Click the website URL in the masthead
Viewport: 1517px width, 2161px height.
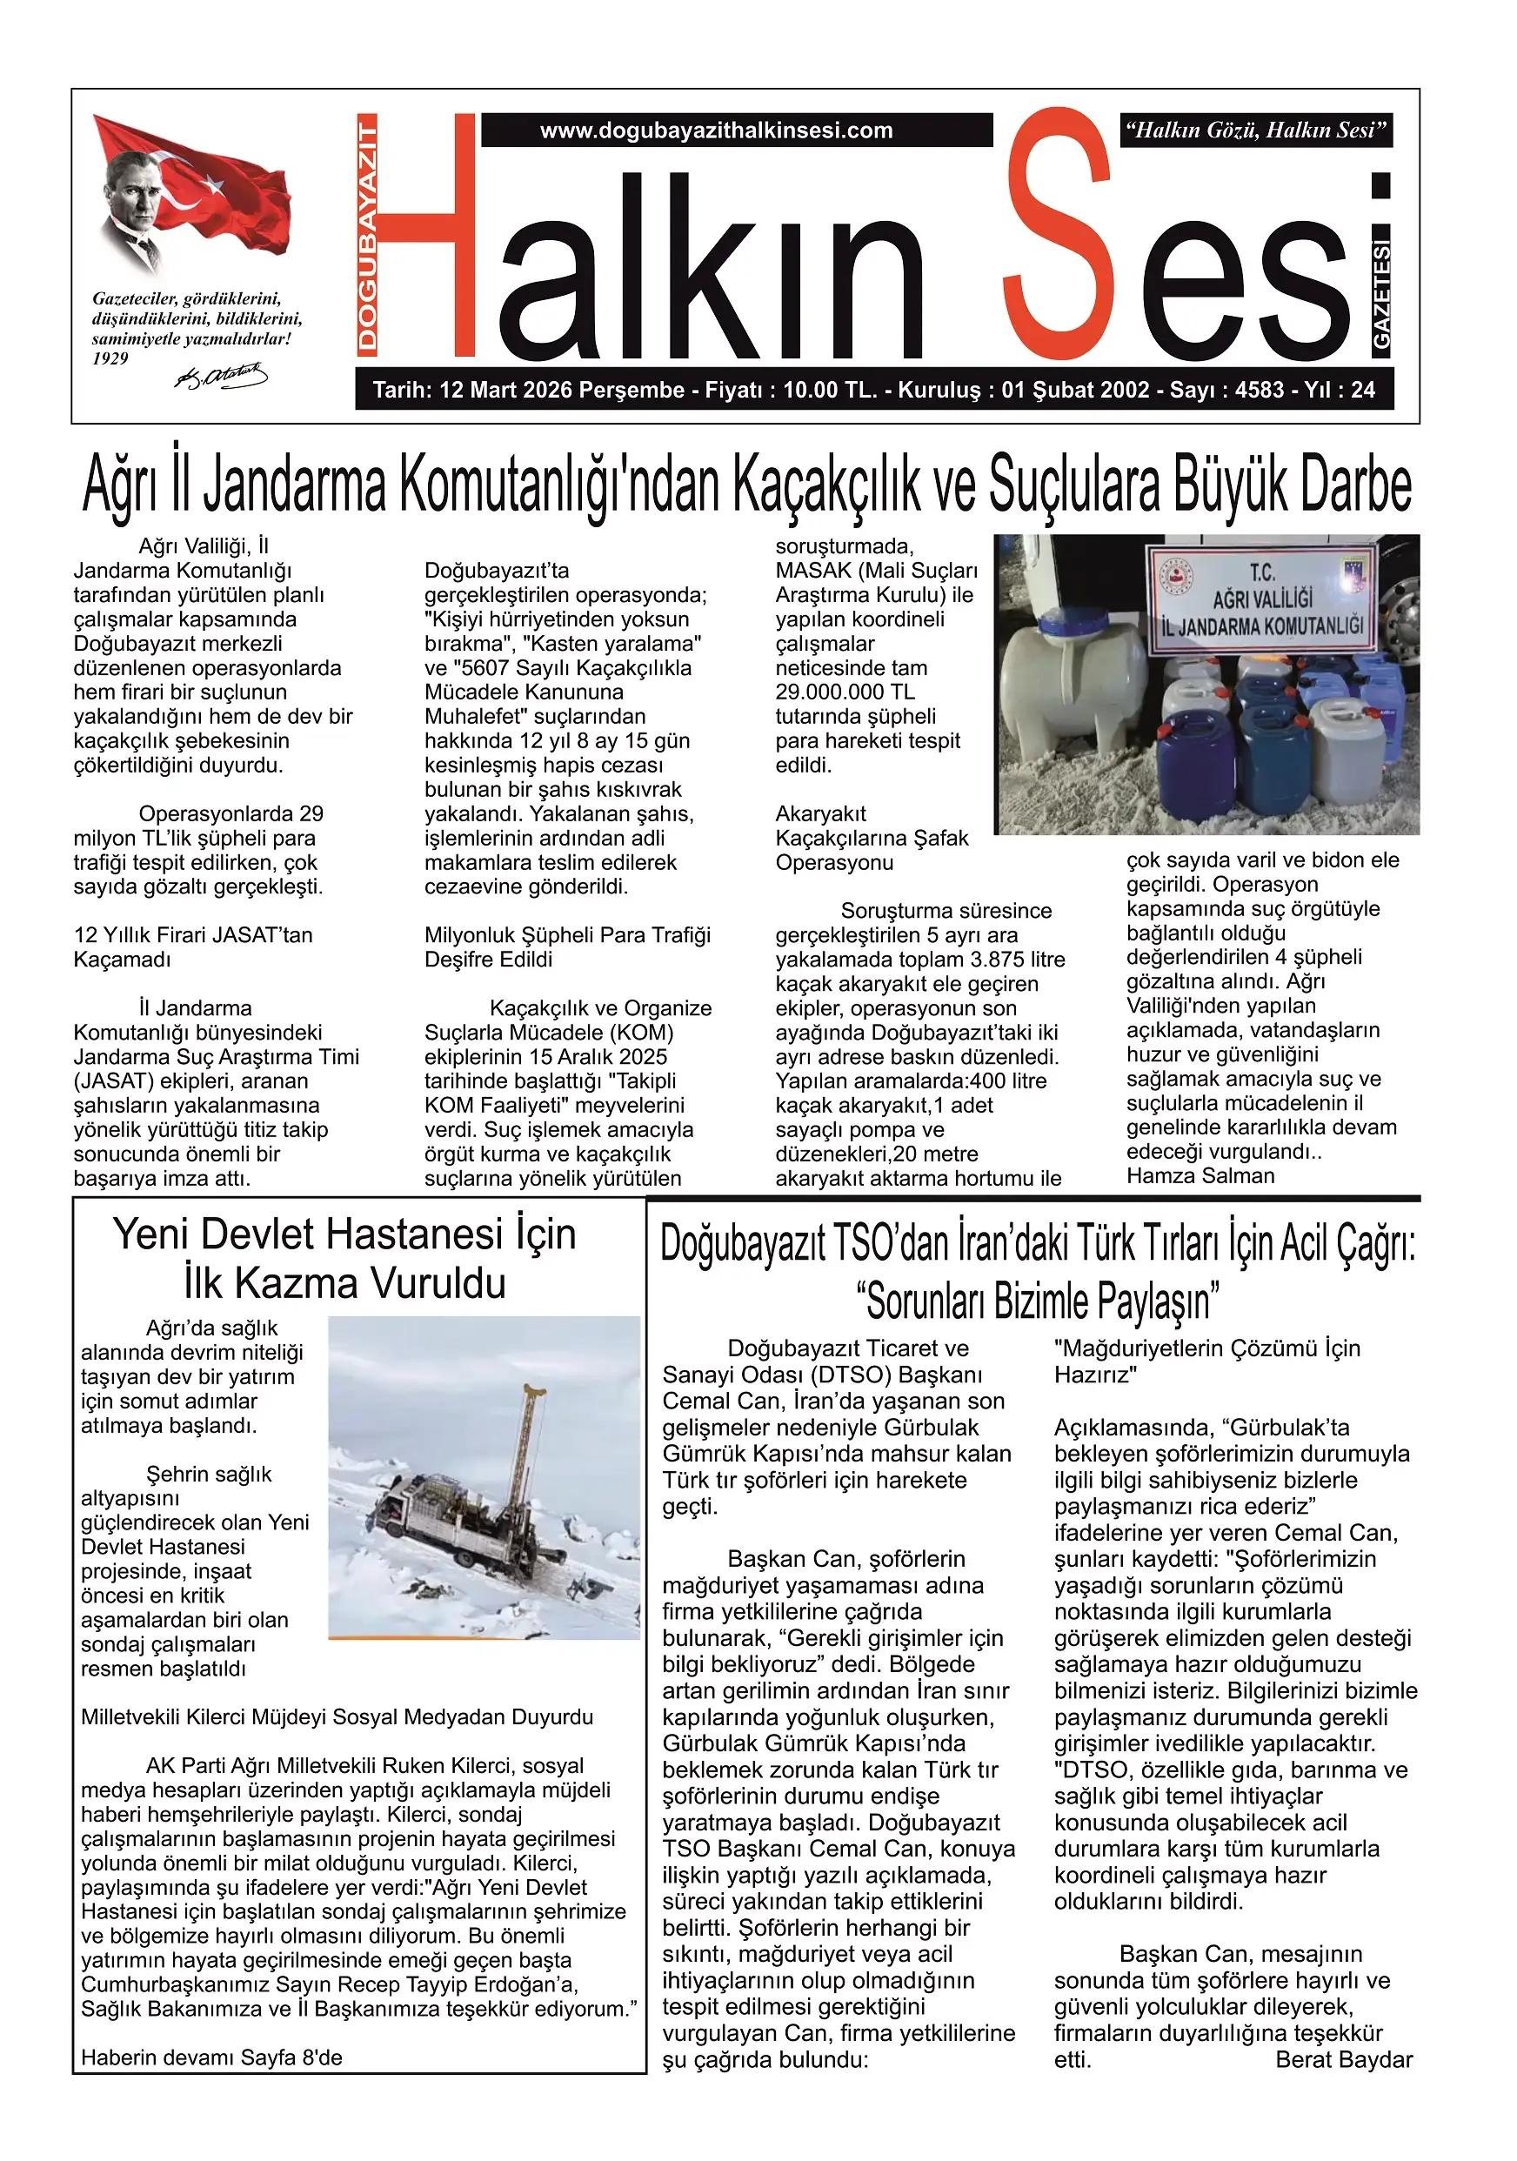[716, 130]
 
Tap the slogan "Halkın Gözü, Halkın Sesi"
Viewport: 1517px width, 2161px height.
[1256, 130]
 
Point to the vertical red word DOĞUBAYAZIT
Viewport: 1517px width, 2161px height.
[368, 235]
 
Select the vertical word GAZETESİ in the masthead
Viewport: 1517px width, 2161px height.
[1380, 294]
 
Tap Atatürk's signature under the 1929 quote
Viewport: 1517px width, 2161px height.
[221, 378]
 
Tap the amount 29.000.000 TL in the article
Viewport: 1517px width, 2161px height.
[845, 692]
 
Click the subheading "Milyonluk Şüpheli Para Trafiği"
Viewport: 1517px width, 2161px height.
[567, 934]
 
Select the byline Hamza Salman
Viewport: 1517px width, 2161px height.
[1200, 1175]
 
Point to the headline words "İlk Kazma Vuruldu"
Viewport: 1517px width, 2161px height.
[344, 1284]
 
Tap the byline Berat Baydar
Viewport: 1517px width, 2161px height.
[1343, 2059]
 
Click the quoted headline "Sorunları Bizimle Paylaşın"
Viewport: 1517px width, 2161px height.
[1038, 1301]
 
